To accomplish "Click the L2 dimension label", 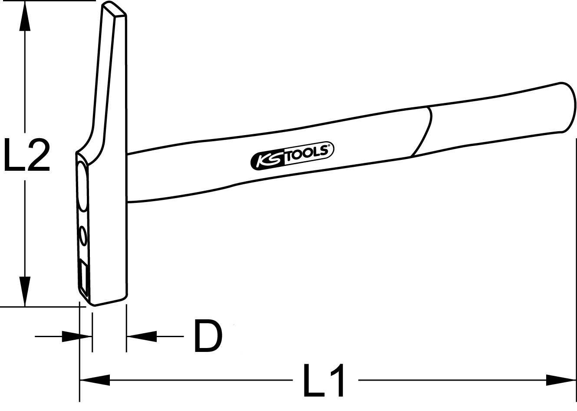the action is pos(27,155).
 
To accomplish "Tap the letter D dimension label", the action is pos(208,336).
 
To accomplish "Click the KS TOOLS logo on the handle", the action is pos(292,156).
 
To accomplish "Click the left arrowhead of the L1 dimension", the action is pos(95,380).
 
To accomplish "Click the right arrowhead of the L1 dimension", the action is pos(561,380).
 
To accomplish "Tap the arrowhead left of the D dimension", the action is pos(77,336).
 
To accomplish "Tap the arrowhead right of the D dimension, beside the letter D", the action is pos(142,336).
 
